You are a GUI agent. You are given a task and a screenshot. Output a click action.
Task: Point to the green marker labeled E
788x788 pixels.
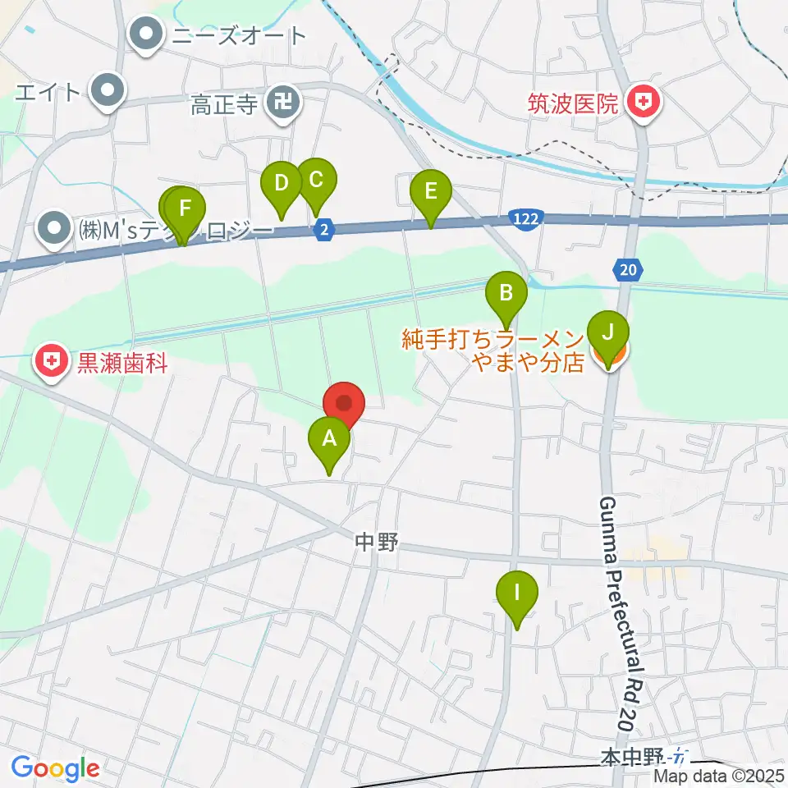pos(430,196)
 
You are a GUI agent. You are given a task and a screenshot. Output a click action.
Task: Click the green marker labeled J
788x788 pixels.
pos(608,338)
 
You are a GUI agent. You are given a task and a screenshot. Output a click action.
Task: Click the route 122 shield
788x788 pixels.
pos(523,218)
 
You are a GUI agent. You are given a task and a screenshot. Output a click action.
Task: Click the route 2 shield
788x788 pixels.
pos(325,231)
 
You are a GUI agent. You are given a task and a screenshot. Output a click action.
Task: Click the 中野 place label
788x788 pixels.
pos(376,541)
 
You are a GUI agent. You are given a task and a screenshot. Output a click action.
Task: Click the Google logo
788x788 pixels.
pos(55,768)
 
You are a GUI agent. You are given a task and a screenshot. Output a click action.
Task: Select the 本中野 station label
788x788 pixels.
pos(632,756)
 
